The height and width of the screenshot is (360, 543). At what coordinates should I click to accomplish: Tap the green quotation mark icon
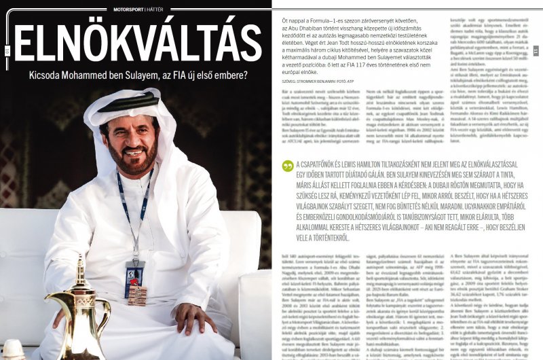pyautogui.click(x=287, y=166)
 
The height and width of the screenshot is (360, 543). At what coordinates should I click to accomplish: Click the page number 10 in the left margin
pyautogui.click(x=6, y=50)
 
